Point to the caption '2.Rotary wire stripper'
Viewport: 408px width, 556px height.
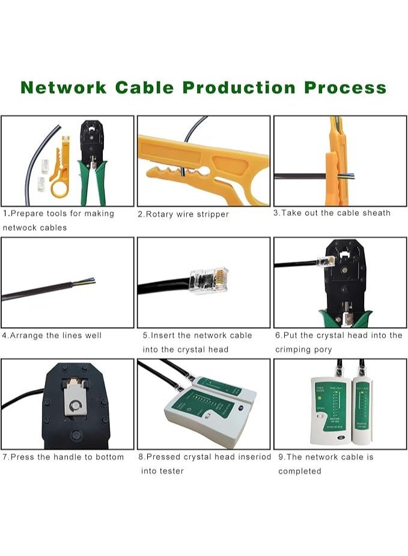183,214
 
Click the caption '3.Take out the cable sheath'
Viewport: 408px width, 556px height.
332,213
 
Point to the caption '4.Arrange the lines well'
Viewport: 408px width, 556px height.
52,335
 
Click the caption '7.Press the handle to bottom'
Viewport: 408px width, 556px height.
63,457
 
